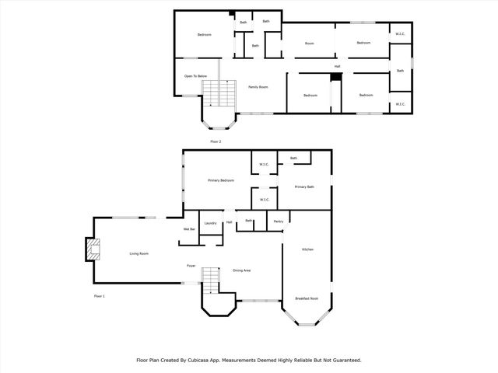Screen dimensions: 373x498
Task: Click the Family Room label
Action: [258, 87]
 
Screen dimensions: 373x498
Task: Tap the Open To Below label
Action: [195, 76]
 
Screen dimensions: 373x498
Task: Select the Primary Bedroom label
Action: [221, 180]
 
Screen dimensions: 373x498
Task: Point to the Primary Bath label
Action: [304, 186]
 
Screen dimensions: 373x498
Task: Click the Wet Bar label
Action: [189, 229]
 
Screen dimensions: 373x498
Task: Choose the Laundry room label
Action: [210, 224]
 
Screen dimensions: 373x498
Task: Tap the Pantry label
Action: [279, 221]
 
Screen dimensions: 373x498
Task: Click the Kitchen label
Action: [307, 249]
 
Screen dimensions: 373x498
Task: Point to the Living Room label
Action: [139, 254]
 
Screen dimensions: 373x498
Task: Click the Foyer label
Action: [191, 266]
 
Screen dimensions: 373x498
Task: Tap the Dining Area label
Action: [241, 270]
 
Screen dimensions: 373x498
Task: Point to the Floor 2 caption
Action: [216, 141]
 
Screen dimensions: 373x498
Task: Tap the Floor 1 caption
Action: [99, 296]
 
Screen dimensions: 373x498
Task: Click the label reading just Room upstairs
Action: [309, 44]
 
